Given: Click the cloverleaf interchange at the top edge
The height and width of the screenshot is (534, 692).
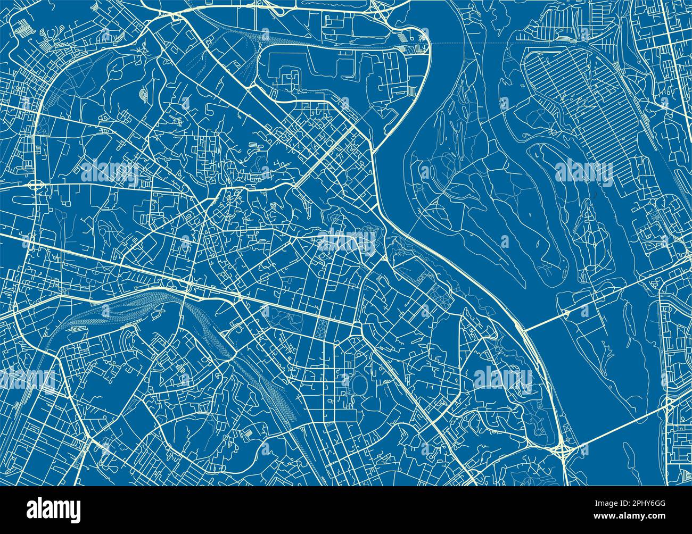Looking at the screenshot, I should (381, 12).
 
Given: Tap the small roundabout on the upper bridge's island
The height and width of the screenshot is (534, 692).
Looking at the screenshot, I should (565, 312).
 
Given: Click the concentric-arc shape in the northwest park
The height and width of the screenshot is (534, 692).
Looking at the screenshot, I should (144, 94).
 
